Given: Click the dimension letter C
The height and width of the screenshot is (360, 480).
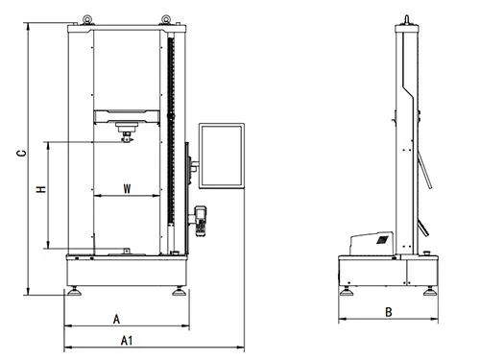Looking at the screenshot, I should coord(19,153).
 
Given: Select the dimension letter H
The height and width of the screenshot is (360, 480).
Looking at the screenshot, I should coord(40,191).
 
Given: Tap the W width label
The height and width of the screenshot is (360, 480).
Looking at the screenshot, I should coord(127,189).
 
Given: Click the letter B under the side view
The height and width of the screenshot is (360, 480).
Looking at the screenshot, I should coord(387,311).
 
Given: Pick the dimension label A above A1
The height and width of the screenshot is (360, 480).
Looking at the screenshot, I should coord(116,318).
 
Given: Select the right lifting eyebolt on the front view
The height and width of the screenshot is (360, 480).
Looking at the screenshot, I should coord(167,16).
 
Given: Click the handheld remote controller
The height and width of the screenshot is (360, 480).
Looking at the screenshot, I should coord(202,220).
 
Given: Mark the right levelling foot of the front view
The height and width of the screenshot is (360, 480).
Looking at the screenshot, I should coord(180,288).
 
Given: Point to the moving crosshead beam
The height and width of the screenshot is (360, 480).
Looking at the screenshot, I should coord(127,117).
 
